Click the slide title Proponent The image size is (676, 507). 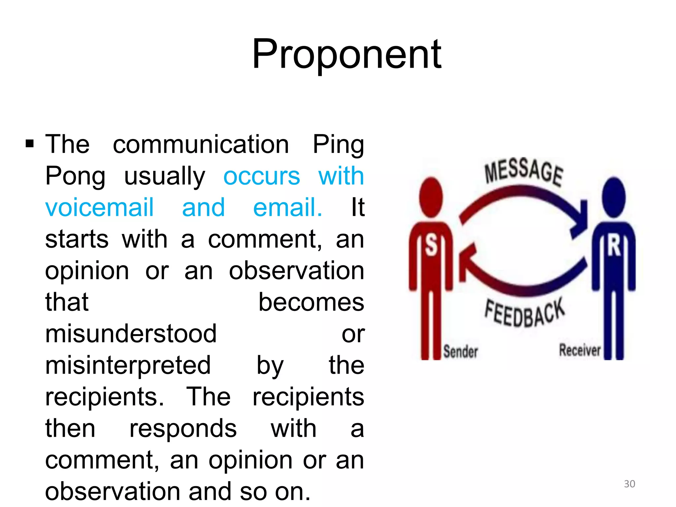[x=347, y=54]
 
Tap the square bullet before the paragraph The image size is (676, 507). [x=30, y=144]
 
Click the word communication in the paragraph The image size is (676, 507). [x=201, y=144]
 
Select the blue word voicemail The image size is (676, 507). [x=99, y=208]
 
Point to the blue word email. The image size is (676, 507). [x=287, y=208]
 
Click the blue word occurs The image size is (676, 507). [x=262, y=176]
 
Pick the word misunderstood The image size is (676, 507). [x=131, y=334]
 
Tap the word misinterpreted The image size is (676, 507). [x=128, y=365]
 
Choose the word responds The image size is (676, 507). [x=183, y=428]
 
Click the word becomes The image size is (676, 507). [x=311, y=302]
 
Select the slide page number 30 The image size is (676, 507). [x=629, y=484]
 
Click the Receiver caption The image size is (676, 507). [x=580, y=350]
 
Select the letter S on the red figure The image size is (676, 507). [x=431, y=245]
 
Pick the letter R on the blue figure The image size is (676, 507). [x=614, y=246]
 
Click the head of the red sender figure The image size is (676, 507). [x=431, y=197]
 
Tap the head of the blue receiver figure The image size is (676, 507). [x=614, y=197]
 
